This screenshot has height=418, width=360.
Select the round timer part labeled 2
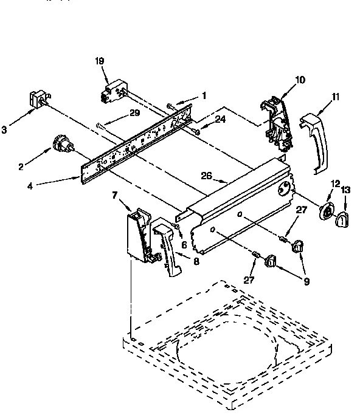coord(60,144)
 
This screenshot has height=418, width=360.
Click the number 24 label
coord(220,120)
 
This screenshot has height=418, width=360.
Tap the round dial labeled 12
coord(327,211)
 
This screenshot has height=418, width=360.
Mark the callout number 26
coord(207,176)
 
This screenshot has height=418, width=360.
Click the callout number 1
coord(204,95)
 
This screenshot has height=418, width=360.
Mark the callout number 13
coord(345,190)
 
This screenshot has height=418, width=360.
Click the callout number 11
coord(335,96)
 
